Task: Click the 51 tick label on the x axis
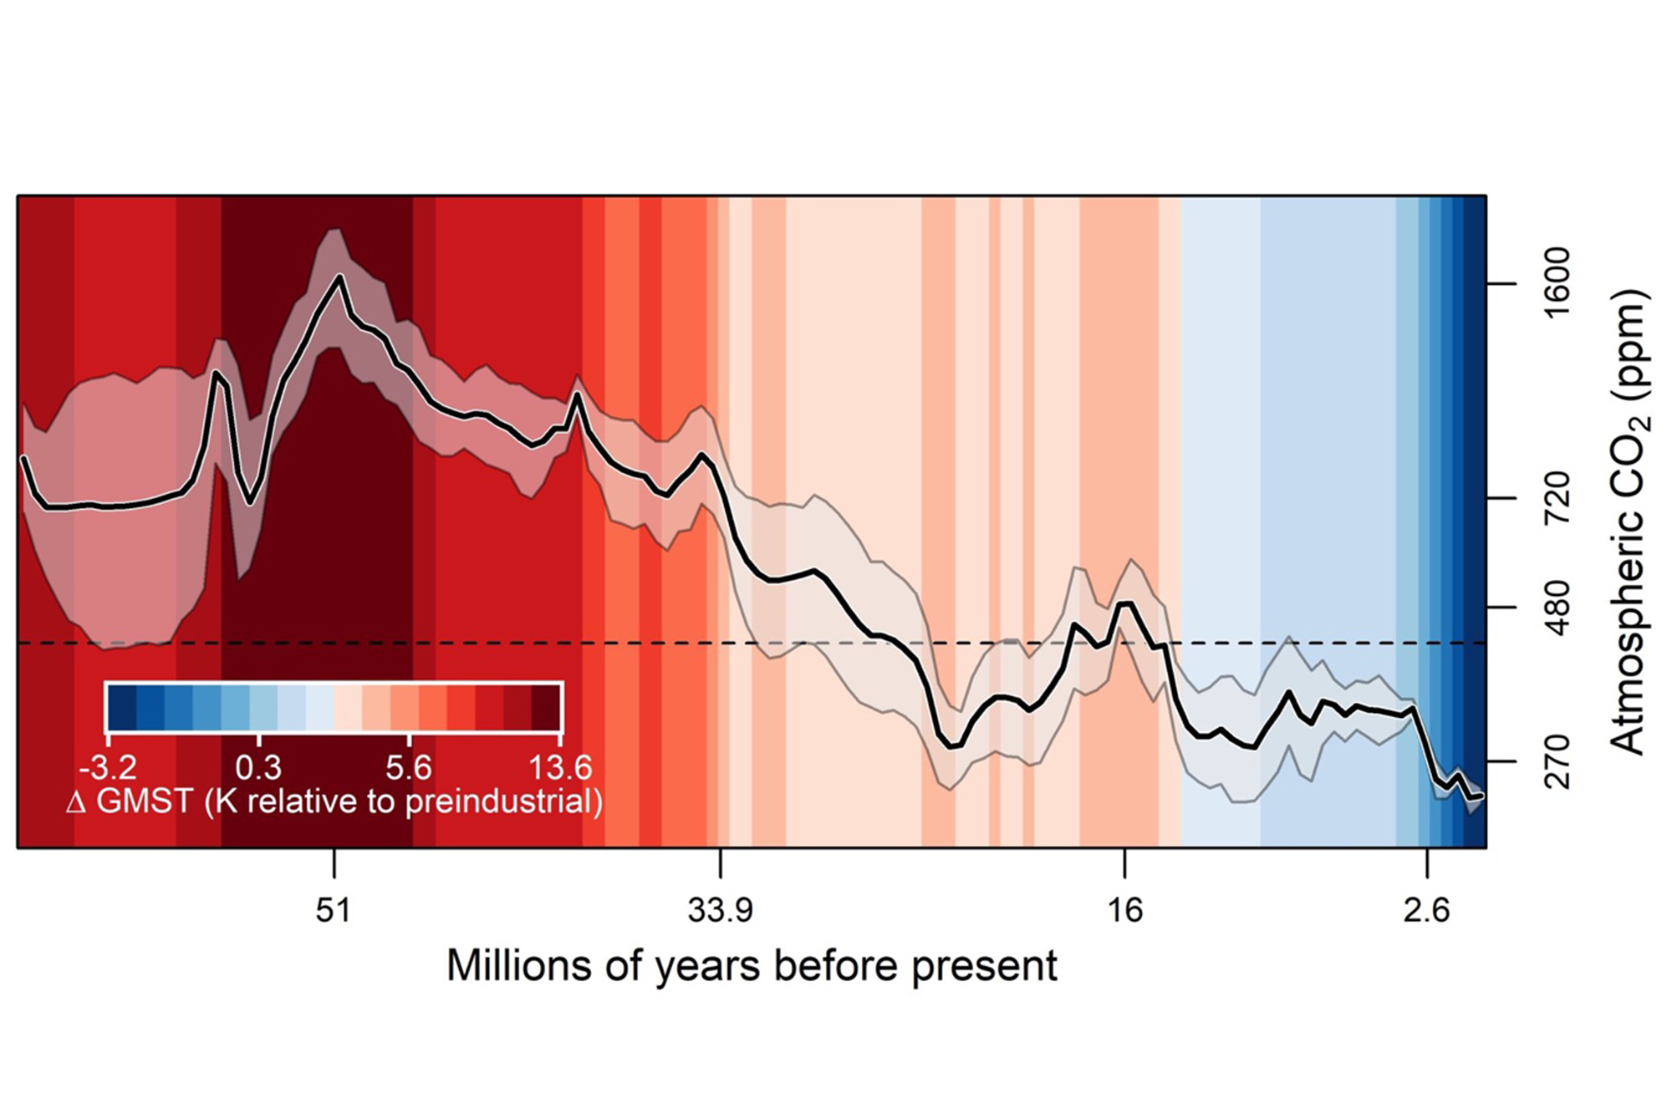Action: click(x=334, y=910)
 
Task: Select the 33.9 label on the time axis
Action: click(x=720, y=910)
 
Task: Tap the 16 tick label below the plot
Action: click(x=1125, y=910)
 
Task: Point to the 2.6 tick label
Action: click(x=1427, y=910)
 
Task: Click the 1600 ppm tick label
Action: click(x=1557, y=283)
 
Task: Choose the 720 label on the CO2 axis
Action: click(x=1557, y=498)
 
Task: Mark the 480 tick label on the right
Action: click(x=1557, y=608)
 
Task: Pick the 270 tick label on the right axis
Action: click(x=1557, y=761)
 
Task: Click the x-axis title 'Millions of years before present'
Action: click(x=752, y=966)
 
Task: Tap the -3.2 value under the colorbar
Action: click(x=108, y=767)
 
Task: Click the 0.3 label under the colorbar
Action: click(x=258, y=767)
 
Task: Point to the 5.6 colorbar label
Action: click(x=409, y=767)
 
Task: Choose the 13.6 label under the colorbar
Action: click(x=560, y=767)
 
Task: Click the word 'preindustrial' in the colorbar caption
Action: click(x=504, y=801)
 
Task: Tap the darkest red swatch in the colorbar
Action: click(x=546, y=708)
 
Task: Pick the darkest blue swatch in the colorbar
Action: click(x=122, y=708)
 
